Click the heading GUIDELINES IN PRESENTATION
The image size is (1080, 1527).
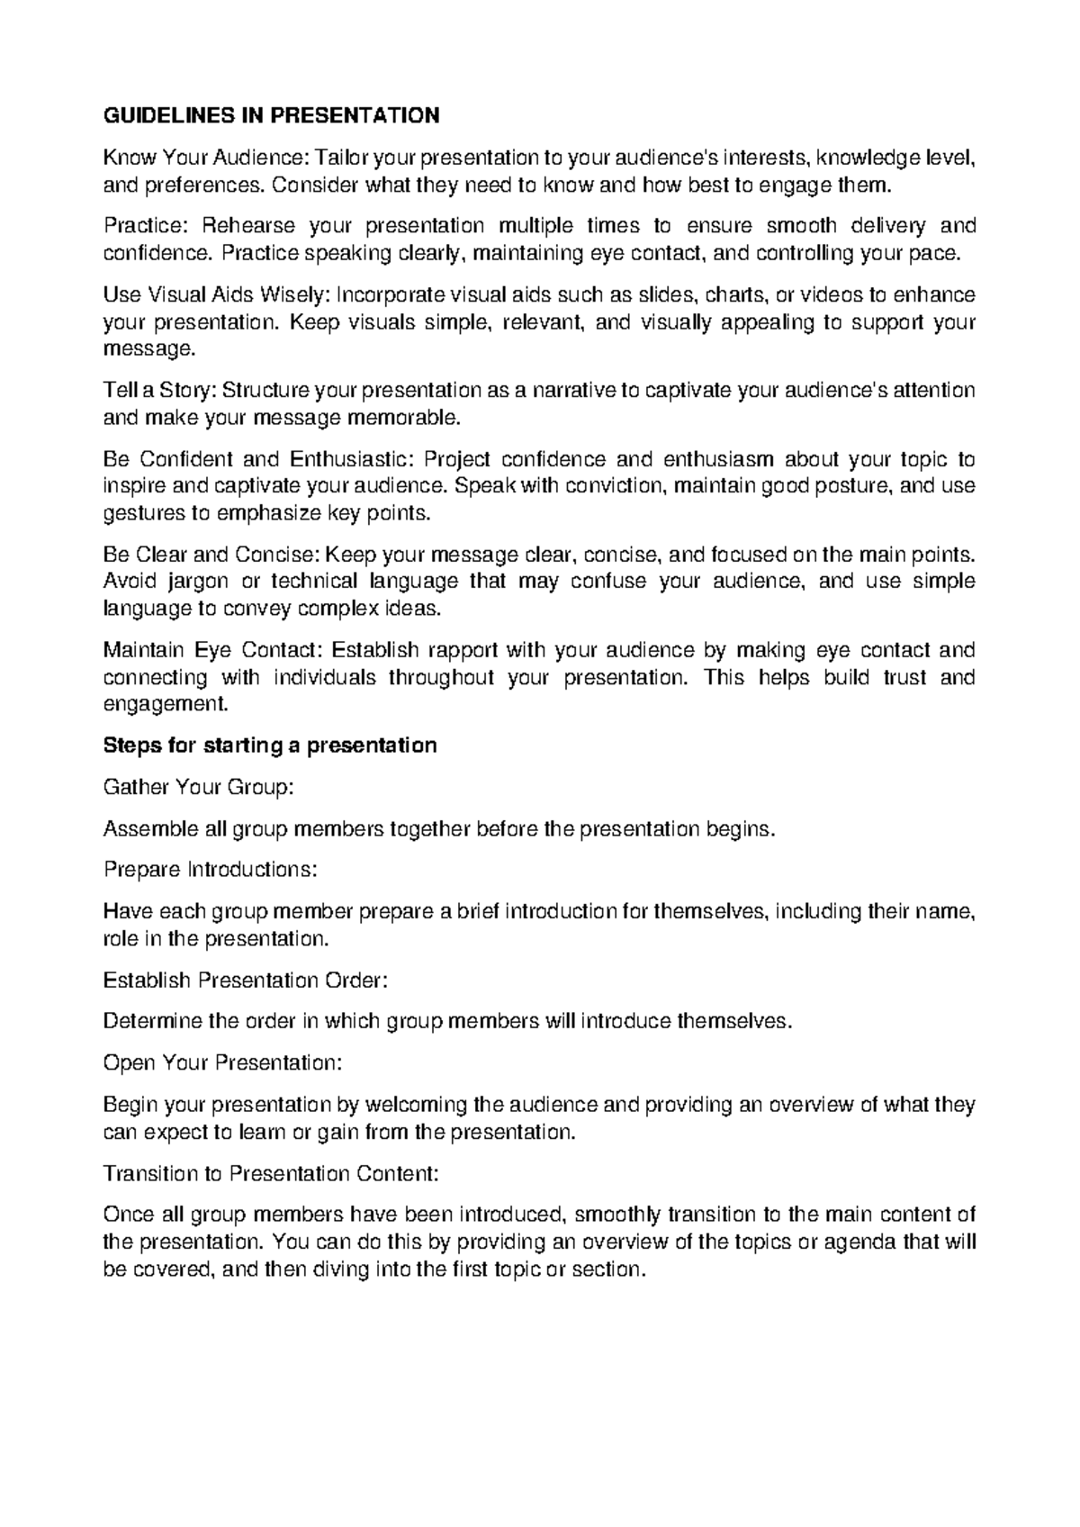(x=272, y=116)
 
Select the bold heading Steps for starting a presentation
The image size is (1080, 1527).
(x=271, y=745)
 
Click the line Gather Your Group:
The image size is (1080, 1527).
(x=199, y=787)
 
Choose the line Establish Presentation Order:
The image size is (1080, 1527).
(x=246, y=980)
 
